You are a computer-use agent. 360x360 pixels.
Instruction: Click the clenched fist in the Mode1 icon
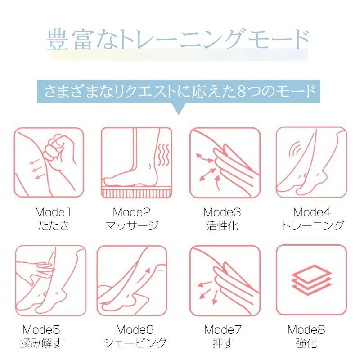point(59,150)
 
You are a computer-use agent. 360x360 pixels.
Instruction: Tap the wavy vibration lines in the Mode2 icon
point(164,154)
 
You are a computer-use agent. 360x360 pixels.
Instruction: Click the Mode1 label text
point(53,212)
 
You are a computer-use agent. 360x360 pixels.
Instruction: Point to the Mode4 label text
point(312,212)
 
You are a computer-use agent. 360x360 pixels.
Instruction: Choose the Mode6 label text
point(135,330)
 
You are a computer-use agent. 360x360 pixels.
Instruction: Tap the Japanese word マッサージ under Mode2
point(132,225)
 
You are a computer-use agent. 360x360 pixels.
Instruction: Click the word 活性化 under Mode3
point(222,226)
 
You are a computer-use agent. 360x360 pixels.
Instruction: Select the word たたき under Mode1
point(53,226)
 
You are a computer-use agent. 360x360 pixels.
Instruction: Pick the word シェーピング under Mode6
point(135,343)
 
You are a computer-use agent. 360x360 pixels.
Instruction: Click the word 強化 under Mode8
point(306,343)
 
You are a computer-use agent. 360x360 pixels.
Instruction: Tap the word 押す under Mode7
point(223,343)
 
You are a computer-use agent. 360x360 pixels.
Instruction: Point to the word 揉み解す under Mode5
point(41,343)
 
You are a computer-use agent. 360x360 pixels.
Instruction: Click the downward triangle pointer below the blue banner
point(179,108)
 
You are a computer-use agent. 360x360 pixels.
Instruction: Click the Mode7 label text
point(223,330)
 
